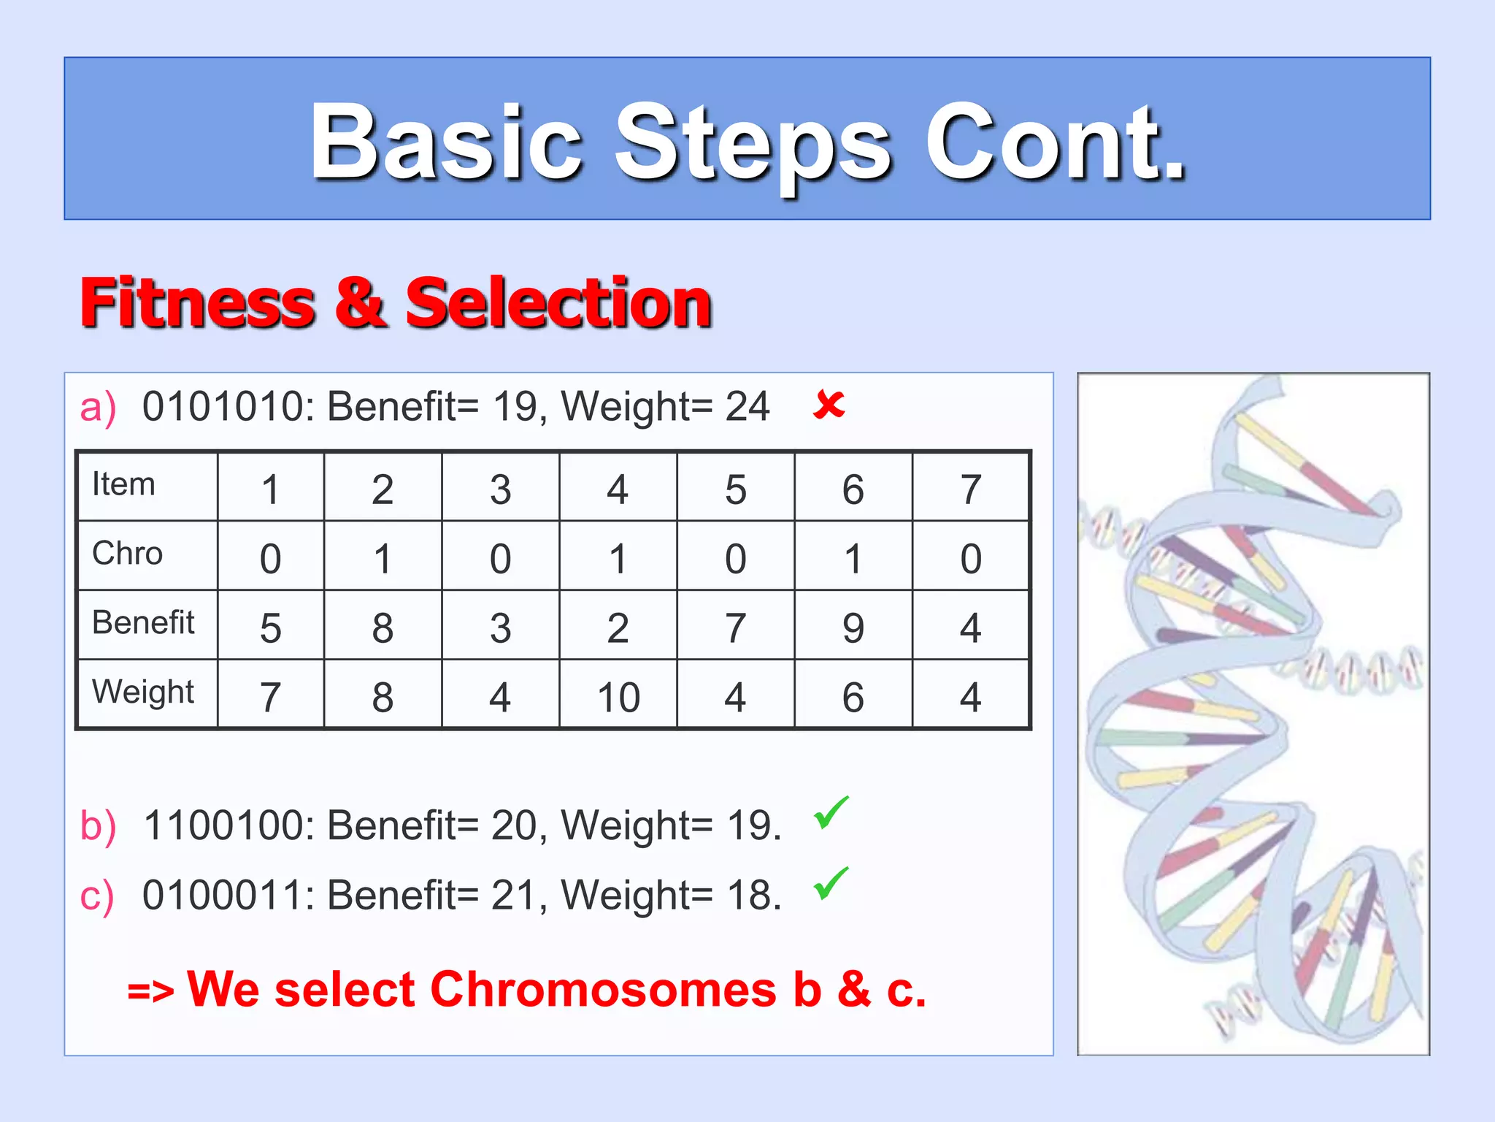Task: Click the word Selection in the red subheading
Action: pos(558,303)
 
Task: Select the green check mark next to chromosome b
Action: pos(831,812)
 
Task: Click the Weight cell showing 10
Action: pos(618,697)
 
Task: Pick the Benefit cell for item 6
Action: pos(853,627)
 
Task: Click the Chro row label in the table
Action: pos(127,554)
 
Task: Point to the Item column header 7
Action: pos(970,489)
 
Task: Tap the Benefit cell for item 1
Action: pos(270,627)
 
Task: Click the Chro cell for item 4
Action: pos(618,558)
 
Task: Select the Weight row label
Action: pos(143,692)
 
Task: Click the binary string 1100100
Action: pos(228,826)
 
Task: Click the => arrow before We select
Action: pos(150,992)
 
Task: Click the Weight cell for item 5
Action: pos(735,697)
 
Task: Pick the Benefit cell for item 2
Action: pos(383,627)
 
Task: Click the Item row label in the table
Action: pos(123,484)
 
